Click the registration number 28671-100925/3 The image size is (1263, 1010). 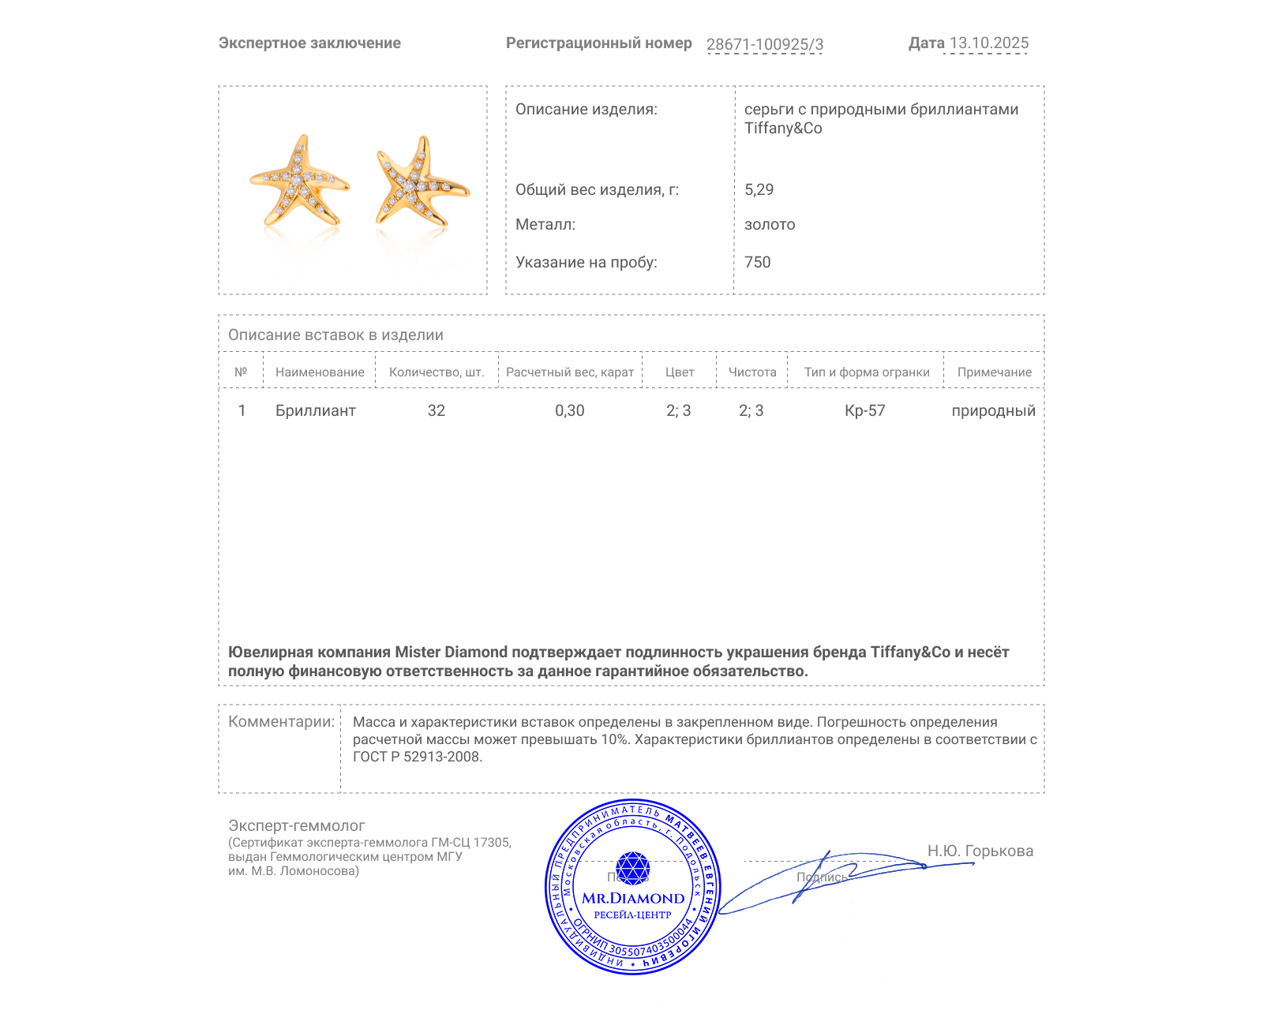(764, 44)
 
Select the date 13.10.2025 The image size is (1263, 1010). (988, 43)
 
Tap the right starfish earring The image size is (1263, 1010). (419, 181)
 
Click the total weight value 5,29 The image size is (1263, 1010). (759, 189)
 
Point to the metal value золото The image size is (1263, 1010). (770, 225)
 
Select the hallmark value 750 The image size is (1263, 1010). (757, 262)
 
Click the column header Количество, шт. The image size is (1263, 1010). (437, 372)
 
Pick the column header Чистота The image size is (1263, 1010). (752, 372)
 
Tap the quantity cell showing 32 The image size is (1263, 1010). (437, 410)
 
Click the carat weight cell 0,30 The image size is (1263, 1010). (570, 410)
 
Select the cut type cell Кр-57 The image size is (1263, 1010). (865, 410)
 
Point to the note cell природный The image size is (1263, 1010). (993, 410)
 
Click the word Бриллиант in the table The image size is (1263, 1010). (316, 410)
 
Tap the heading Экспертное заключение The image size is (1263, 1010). (309, 43)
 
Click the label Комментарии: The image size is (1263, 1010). (281, 721)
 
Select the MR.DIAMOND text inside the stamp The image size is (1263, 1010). (633, 898)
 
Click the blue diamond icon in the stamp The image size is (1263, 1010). (632, 867)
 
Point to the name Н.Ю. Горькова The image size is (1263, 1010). (980, 851)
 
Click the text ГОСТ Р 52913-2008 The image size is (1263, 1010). (417, 757)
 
